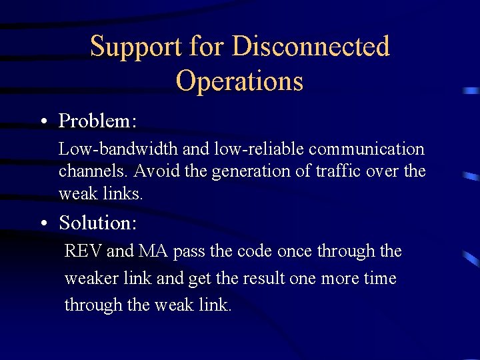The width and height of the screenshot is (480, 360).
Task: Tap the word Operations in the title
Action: (239, 81)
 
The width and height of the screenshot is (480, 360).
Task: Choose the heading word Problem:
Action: (98, 121)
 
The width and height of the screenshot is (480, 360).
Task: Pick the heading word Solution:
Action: (98, 223)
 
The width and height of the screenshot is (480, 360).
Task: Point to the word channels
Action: (93, 171)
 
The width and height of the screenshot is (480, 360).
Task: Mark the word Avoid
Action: (153, 171)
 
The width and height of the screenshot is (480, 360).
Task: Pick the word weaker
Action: (91, 278)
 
